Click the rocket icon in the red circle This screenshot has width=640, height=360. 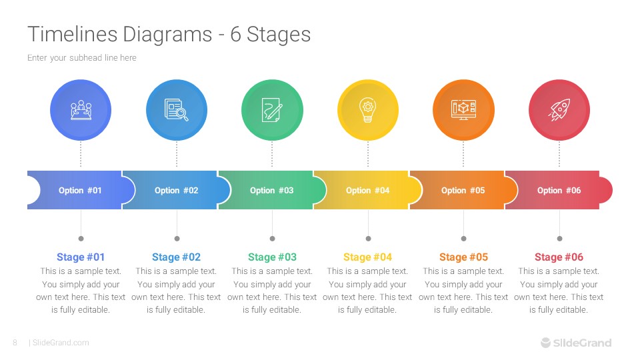coord(559,110)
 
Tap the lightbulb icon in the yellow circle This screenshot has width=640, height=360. coord(367,110)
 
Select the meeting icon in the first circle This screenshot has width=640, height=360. coord(81,110)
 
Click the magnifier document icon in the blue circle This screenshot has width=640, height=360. coord(176,110)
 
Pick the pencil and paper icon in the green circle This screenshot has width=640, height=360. coord(272,110)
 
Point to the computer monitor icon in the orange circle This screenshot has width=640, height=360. coord(463,110)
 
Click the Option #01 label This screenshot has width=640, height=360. coord(80,191)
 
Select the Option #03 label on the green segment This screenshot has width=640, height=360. coord(271,191)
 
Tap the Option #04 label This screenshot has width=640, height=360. coord(367,191)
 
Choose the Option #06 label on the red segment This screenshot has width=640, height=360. coord(559,191)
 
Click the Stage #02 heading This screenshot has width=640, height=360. coord(176,257)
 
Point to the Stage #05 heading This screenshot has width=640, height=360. coord(463,257)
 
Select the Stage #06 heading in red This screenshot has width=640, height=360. coord(559,257)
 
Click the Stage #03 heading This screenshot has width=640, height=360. coord(272,257)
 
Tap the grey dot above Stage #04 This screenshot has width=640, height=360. coord(368,238)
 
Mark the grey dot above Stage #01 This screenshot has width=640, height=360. coord(81,238)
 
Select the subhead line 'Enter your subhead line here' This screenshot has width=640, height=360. coord(81,58)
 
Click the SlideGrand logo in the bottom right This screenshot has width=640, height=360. coord(575,343)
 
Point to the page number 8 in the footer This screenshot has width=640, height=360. coord(15,343)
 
